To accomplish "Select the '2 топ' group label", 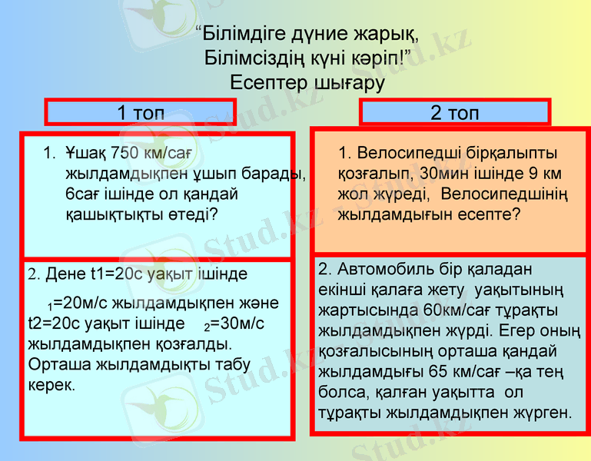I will click(x=454, y=113).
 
